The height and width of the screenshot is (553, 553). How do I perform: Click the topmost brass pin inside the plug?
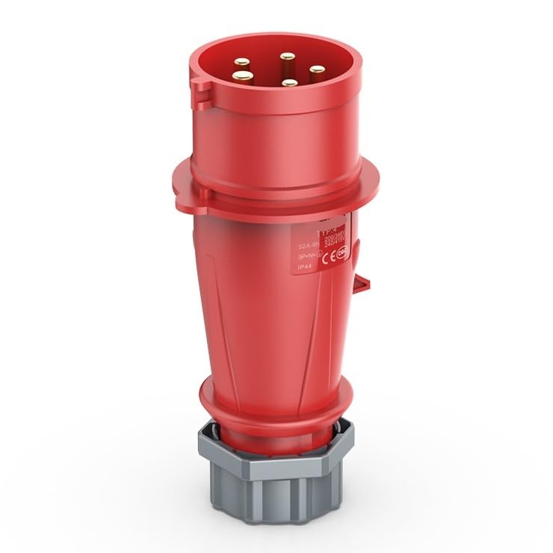coord(285,56)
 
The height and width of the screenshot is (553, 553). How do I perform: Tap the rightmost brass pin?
coord(317,70)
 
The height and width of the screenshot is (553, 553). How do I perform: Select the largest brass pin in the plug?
coord(241,75)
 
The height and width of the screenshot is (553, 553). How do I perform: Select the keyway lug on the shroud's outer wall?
coord(200,90)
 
